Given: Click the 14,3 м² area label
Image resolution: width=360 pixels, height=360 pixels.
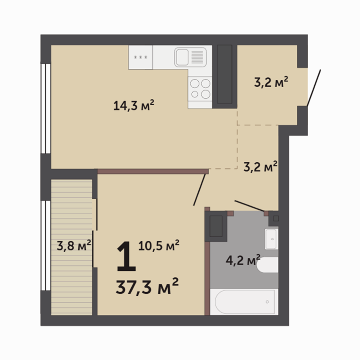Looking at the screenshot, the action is pyautogui.click(x=134, y=105).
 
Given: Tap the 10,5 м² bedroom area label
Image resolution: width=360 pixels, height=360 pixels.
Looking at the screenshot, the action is pyautogui.click(x=158, y=246).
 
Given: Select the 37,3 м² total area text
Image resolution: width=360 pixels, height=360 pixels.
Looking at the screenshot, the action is pyautogui.click(x=147, y=286).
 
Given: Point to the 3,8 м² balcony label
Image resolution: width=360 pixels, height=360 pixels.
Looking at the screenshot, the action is pyautogui.click(x=74, y=246).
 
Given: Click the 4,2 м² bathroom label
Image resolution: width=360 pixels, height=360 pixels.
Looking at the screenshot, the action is pyautogui.click(x=243, y=260).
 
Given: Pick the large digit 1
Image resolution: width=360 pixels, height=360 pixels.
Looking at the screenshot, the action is pyautogui.click(x=126, y=257).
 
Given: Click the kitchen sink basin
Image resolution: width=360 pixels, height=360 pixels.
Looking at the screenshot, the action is pyautogui.click(x=182, y=57).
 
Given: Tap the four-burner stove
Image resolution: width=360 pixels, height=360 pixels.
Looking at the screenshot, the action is pyautogui.click(x=200, y=89).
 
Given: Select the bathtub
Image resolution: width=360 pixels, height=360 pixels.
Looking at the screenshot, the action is pyautogui.click(x=244, y=302).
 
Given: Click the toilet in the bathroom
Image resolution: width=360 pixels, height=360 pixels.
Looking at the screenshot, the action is pyautogui.click(x=268, y=265).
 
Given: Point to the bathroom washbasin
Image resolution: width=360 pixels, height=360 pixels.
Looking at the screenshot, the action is pyautogui.click(x=271, y=239).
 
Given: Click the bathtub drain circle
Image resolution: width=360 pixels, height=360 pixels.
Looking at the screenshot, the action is pyautogui.click(x=267, y=302).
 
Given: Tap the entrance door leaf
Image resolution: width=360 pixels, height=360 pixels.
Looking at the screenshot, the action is pyautogui.click(x=314, y=88).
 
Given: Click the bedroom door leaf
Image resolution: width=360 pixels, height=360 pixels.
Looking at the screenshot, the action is pyautogui.click(x=199, y=190).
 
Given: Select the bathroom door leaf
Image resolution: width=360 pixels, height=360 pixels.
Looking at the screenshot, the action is pyautogui.click(x=249, y=206).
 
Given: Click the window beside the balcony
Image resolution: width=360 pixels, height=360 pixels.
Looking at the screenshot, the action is pyautogui.click(x=45, y=246).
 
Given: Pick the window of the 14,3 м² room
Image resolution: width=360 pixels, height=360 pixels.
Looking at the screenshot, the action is pyautogui.click(x=45, y=108).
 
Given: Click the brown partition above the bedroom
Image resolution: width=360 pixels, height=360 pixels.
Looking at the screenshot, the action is pyautogui.click(x=153, y=171).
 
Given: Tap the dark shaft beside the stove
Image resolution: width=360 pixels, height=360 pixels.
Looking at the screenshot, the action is pyautogui.click(x=225, y=74).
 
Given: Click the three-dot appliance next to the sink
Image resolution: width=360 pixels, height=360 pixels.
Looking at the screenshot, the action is pyautogui.click(x=141, y=57).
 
